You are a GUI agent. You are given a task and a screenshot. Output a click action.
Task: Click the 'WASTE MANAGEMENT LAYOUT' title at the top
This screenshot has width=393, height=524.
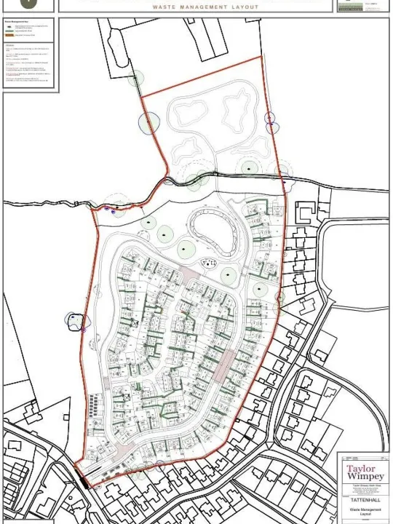tap(205, 7)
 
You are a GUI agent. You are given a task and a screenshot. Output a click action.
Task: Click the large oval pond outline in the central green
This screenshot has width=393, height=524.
tap(213, 232)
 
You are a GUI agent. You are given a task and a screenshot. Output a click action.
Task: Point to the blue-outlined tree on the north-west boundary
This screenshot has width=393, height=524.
tap(148, 123)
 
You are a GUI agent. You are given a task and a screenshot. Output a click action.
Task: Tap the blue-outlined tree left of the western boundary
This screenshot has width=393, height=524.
tap(75, 321)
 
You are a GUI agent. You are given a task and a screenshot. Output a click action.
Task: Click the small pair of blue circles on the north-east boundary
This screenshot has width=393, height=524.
tap(271, 122)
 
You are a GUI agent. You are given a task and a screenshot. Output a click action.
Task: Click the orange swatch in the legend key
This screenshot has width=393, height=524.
tap(9, 35)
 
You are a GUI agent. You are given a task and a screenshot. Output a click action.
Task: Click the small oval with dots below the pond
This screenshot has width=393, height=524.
tap(210, 263)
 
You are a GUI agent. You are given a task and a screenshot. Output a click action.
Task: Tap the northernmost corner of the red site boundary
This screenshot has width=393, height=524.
tap(260, 57)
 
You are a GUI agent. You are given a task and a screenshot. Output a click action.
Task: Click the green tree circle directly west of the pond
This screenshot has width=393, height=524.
tap(167, 234)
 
